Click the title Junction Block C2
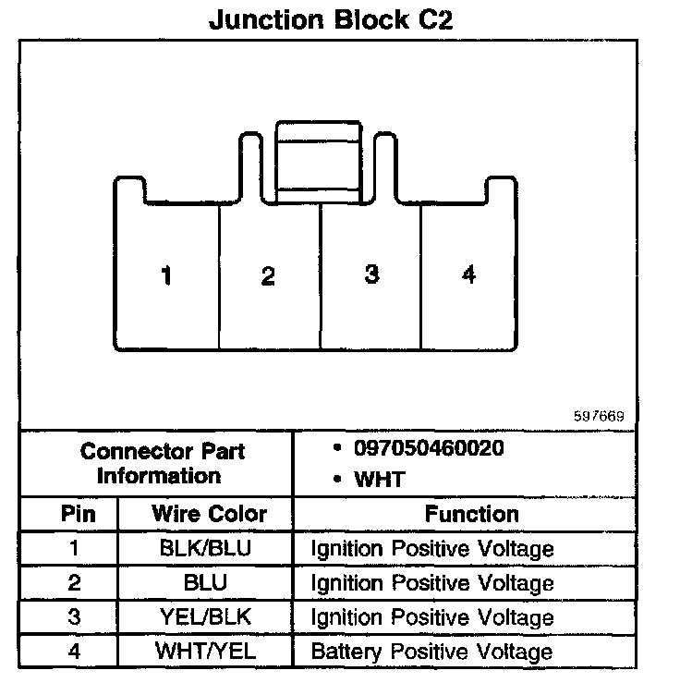(x=332, y=20)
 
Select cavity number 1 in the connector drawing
(x=166, y=275)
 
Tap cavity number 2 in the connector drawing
(x=268, y=275)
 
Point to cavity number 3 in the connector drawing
(x=370, y=274)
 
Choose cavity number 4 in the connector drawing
(x=469, y=274)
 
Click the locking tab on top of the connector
(x=319, y=160)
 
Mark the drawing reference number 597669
(x=600, y=416)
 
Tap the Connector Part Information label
(x=162, y=464)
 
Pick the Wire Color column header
(x=209, y=514)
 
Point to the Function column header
(x=471, y=514)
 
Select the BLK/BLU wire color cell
(x=205, y=548)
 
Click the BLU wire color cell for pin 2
(x=205, y=582)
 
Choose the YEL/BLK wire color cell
(x=205, y=616)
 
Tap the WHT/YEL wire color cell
(x=205, y=651)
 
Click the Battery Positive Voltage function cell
(x=431, y=651)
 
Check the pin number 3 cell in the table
(x=74, y=616)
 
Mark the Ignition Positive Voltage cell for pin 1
(x=431, y=549)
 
